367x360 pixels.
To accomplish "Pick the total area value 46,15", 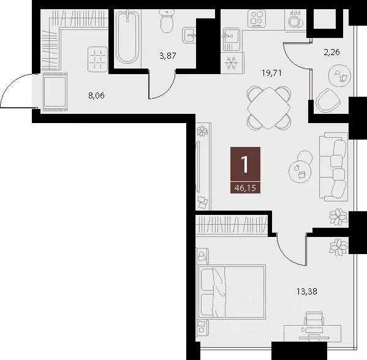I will click(x=245, y=187).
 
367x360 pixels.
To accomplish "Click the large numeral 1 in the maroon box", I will click(x=245, y=164).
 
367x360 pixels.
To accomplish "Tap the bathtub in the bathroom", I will click(x=127, y=37).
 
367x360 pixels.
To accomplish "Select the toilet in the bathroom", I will click(x=166, y=22).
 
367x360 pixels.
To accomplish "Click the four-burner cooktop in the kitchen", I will click(x=257, y=18).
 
